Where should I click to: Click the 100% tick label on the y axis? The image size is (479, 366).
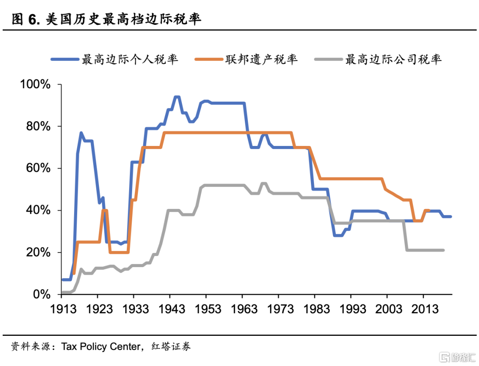coord(35,85)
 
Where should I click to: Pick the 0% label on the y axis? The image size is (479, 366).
coord(41,294)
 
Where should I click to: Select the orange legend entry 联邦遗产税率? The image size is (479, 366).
coord(261,59)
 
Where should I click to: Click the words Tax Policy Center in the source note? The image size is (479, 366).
coord(101,346)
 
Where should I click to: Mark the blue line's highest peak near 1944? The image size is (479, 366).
coord(177,97)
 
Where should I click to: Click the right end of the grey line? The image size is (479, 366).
coord(443,250)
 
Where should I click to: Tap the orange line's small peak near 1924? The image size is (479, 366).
coord(105,210)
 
